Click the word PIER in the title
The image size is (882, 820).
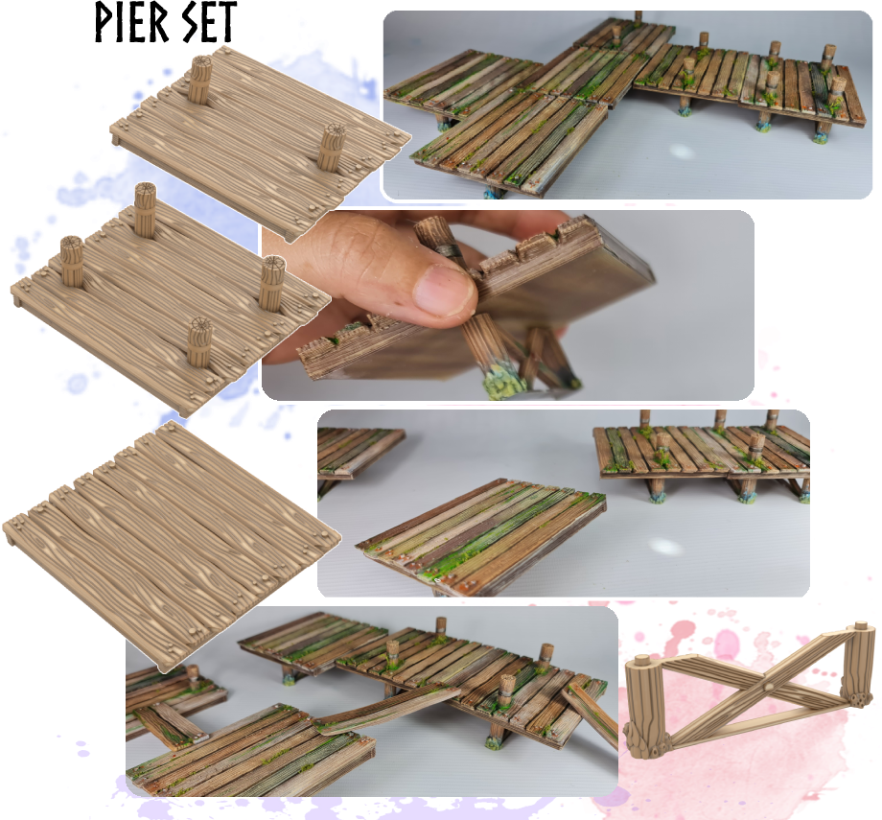click(x=130, y=22)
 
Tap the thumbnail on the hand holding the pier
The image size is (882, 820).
click(x=445, y=289)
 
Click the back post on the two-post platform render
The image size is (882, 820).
click(x=198, y=79)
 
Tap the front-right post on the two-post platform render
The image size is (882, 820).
click(x=331, y=147)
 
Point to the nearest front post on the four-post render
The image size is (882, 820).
click(x=199, y=342)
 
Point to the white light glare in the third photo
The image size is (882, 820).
click(x=665, y=546)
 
